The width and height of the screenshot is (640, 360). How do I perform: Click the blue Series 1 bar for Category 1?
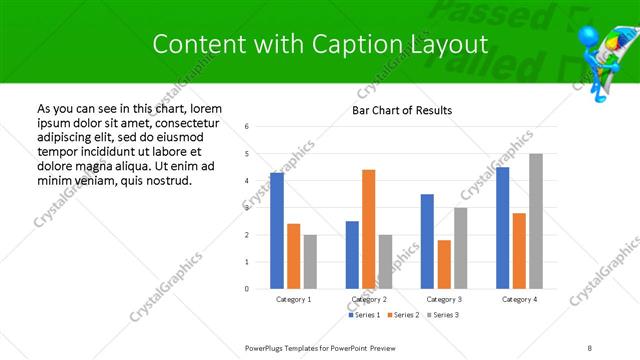click(x=277, y=231)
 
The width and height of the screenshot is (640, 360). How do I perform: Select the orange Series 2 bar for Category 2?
click(x=368, y=229)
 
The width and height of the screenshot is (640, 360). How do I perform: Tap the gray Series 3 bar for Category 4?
click(x=536, y=221)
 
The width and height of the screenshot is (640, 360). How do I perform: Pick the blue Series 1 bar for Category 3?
click(x=427, y=241)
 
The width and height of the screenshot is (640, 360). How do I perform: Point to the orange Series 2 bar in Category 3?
click(x=444, y=264)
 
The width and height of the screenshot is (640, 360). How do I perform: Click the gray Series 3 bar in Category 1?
click(x=310, y=261)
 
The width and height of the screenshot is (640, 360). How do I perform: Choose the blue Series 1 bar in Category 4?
click(x=502, y=228)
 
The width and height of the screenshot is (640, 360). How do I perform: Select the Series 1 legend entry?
click(x=363, y=315)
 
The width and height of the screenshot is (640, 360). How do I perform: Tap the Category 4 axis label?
click(x=519, y=300)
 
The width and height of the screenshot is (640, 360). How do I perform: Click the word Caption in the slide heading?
click(x=372, y=44)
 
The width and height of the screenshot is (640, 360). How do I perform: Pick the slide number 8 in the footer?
click(x=589, y=347)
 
